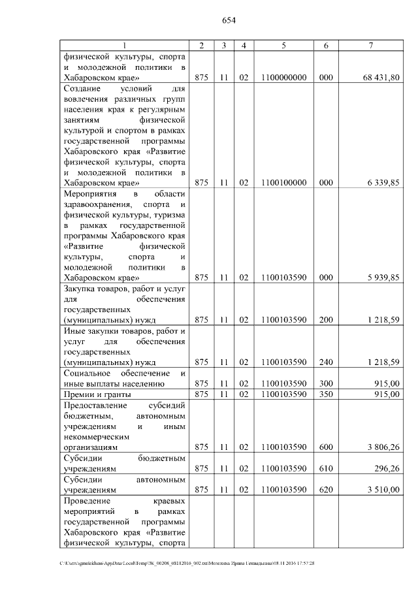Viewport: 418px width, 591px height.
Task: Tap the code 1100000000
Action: click(x=283, y=77)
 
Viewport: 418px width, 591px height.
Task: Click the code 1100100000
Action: click(x=283, y=184)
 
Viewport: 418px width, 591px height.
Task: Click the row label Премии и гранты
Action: click(x=97, y=394)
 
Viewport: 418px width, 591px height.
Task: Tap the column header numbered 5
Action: click(x=283, y=45)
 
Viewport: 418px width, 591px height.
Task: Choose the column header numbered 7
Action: click(x=371, y=45)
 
